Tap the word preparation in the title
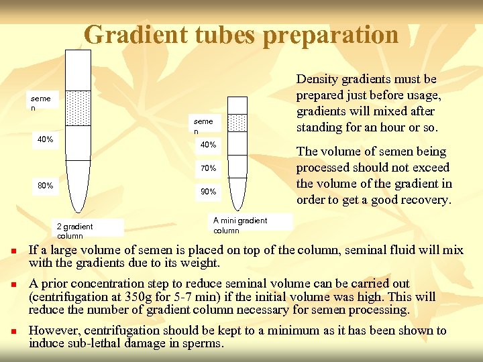click(331, 35)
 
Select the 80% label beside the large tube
click(46, 186)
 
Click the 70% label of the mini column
click(207, 168)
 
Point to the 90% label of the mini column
click(207, 192)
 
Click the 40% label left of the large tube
click(46, 140)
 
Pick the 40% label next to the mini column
click(208, 145)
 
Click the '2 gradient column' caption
click(74, 231)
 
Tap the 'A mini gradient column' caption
click(239, 225)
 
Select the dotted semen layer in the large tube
click(78, 107)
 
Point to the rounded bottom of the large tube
click(78, 208)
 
